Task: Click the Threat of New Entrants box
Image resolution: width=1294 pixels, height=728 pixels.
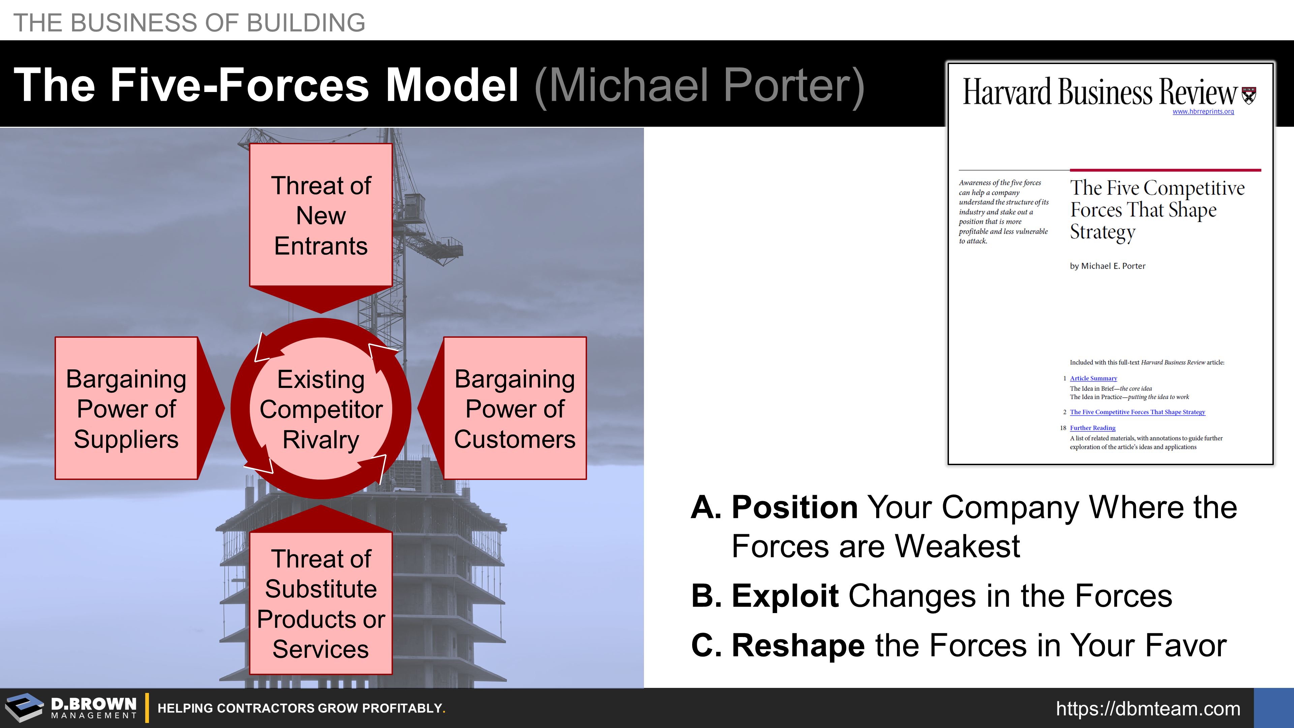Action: [320, 215]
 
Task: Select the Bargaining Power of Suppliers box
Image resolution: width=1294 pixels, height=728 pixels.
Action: [126, 408]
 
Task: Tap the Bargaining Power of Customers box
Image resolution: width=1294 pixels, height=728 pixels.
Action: [515, 408]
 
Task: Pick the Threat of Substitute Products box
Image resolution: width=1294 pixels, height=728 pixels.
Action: [320, 603]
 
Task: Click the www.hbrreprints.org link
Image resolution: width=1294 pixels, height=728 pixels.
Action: [1203, 112]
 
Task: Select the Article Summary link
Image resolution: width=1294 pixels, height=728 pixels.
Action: [1093, 378]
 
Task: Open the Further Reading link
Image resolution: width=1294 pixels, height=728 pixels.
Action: [1092, 428]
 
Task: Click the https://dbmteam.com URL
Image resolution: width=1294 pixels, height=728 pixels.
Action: [1148, 708]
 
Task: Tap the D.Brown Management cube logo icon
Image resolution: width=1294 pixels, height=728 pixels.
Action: [24, 707]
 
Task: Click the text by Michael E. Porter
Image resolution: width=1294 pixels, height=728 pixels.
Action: [1107, 266]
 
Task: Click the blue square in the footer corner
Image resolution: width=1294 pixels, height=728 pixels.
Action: [1274, 708]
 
